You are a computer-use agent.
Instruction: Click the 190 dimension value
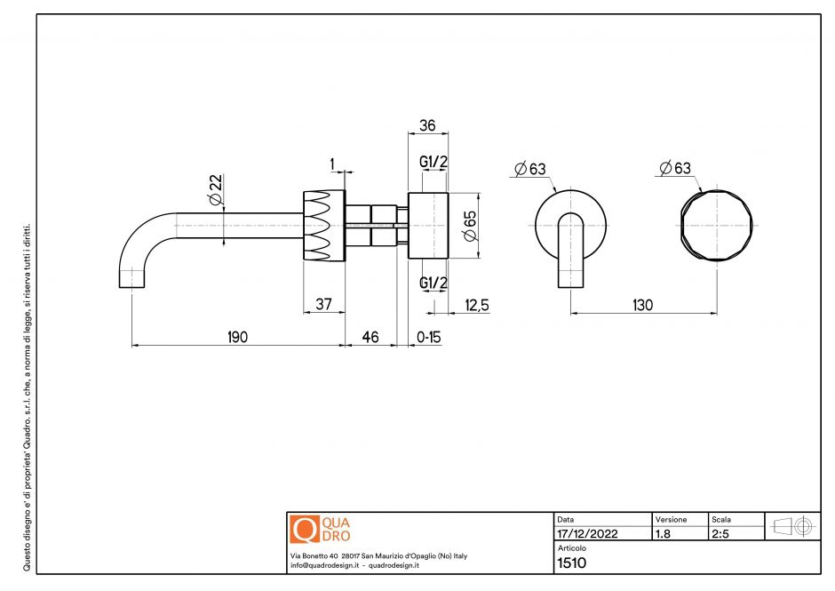[236, 337]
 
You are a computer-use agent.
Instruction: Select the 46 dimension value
[369, 337]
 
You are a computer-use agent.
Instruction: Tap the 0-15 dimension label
[429, 337]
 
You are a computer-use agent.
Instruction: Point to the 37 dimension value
[323, 304]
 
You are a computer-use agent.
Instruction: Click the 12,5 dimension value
[477, 304]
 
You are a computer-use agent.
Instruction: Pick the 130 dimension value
[641, 304]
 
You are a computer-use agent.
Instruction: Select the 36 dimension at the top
[426, 126]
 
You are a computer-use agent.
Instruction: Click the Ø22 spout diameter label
[214, 189]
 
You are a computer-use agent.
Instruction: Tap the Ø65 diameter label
[470, 225]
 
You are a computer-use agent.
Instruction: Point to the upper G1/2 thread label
[433, 161]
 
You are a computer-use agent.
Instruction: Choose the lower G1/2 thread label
[433, 283]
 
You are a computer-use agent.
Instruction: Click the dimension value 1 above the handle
[332, 163]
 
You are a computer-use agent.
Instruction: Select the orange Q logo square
[304, 530]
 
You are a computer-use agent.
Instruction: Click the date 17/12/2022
[587, 535]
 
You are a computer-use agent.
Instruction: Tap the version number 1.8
[663, 535]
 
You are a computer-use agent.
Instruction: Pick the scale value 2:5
[720, 535]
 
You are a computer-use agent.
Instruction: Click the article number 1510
[571, 563]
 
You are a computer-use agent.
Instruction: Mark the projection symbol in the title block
[793, 526]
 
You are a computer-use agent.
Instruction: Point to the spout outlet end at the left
[131, 283]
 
